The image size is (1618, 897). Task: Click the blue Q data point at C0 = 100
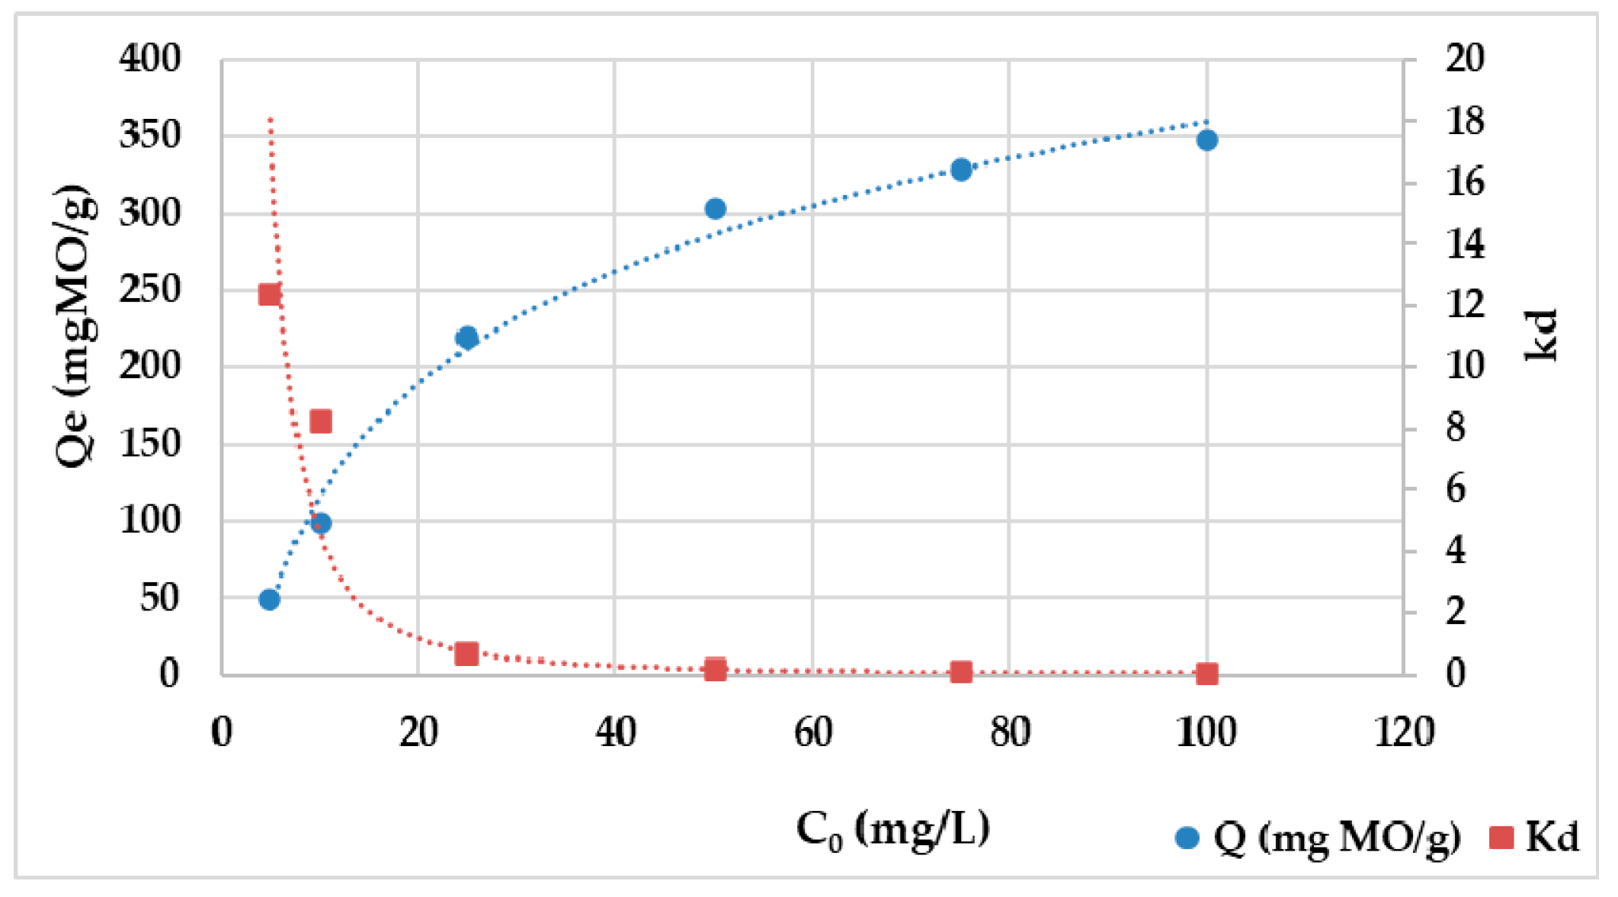click(1206, 140)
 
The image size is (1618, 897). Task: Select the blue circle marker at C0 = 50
click(715, 209)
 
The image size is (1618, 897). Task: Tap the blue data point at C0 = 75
click(961, 170)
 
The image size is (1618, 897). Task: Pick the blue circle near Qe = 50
click(269, 600)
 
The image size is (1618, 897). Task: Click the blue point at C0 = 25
click(466, 338)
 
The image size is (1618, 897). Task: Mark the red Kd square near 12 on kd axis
click(270, 295)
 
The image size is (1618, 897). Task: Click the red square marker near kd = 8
click(321, 421)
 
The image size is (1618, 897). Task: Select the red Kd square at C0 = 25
click(466, 654)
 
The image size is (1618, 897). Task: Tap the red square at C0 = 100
click(1206, 674)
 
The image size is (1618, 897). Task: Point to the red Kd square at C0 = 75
click(961, 672)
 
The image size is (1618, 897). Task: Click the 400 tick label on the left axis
click(150, 59)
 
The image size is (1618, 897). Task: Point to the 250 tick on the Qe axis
click(150, 290)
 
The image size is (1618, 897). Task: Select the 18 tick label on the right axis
click(1465, 121)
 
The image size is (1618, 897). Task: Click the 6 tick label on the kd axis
click(1456, 489)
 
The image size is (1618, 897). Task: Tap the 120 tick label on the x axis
click(1404, 732)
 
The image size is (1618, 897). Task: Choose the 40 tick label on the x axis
click(615, 732)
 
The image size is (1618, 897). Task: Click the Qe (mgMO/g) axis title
click(76, 325)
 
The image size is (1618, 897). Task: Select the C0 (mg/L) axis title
click(892, 828)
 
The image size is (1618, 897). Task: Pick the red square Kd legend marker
click(1501, 838)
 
